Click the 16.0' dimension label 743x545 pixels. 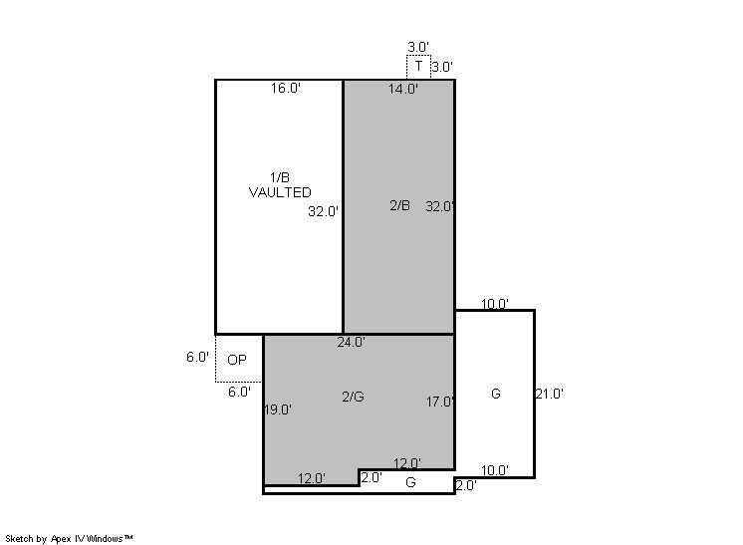pyautogui.click(x=286, y=88)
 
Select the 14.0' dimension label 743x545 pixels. pyautogui.click(x=403, y=89)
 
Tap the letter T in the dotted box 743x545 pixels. pyautogui.click(x=419, y=66)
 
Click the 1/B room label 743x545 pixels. pyautogui.click(x=280, y=177)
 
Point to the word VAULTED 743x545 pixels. pyautogui.click(x=280, y=192)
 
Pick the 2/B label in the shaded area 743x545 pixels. pyautogui.click(x=400, y=205)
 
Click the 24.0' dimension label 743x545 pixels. pyautogui.click(x=352, y=342)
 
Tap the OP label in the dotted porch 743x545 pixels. pyautogui.click(x=237, y=360)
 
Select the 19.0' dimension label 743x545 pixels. pyautogui.click(x=278, y=409)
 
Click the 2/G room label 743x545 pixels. pyautogui.click(x=353, y=397)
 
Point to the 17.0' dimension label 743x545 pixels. pyautogui.click(x=440, y=402)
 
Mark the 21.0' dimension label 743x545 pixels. pyautogui.click(x=549, y=394)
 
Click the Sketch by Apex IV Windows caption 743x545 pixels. pyautogui.click(x=69, y=538)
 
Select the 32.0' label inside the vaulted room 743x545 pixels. pyautogui.click(x=323, y=211)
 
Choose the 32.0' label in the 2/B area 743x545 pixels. pyautogui.click(x=440, y=206)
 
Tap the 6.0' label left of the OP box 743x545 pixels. pyautogui.click(x=197, y=357)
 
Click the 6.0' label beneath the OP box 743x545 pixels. pyautogui.click(x=239, y=392)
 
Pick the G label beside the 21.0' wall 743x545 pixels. pyautogui.click(x=496, y=394)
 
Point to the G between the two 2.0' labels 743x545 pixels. pyautogui.click(x=410, y=482)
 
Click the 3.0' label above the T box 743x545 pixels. pyautogui.click(x=418, y=47)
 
